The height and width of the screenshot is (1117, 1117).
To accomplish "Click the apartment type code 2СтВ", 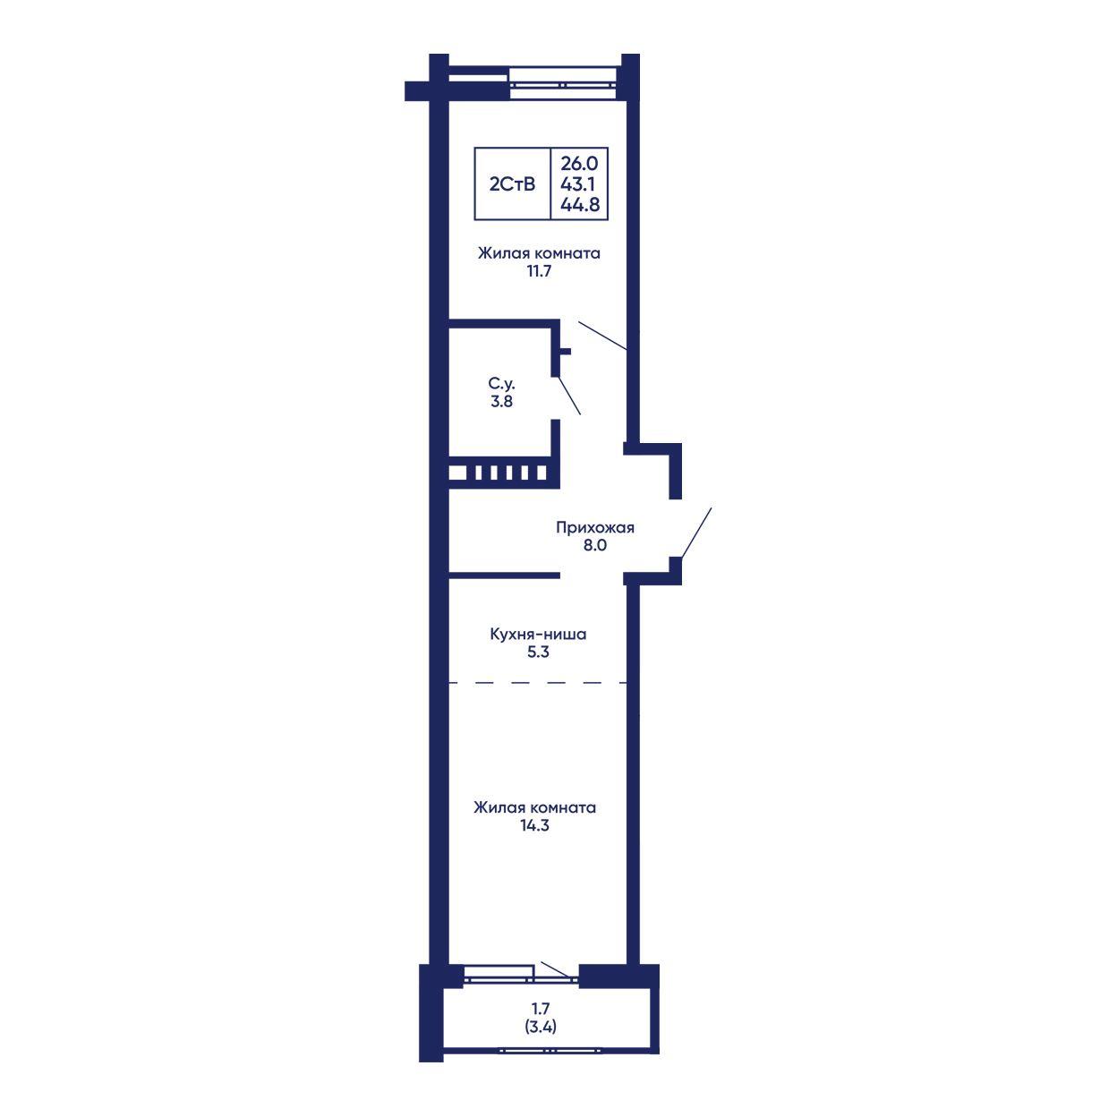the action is tap(512, 184).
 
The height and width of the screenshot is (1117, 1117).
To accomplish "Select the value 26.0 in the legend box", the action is tap(579, 164).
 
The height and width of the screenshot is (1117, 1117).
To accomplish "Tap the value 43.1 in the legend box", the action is tap(577, 184).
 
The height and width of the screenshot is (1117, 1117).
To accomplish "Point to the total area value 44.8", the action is tap(580, 204).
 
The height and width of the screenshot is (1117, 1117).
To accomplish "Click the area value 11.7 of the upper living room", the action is tap(539, 270).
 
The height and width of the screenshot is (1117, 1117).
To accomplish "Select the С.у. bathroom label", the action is tap(501, 384).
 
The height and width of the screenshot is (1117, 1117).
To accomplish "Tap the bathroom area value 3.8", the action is tap(501, 401).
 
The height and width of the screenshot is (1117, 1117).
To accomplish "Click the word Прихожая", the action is tap(594, 528).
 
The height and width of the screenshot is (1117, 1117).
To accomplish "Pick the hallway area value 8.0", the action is tap(594, 545).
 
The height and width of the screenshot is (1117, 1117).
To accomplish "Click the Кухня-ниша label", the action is tap(538, 635).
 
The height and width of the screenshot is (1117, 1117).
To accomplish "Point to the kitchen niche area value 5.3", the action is tap(538, 652).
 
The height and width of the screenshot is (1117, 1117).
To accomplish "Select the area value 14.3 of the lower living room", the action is tap(534, 825).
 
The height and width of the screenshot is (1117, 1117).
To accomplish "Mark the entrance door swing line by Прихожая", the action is tap(695, 533).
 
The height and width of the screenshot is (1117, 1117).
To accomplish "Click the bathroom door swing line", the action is tap(569, 396).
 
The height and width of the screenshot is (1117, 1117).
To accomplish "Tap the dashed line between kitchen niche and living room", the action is tap(539, 683).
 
